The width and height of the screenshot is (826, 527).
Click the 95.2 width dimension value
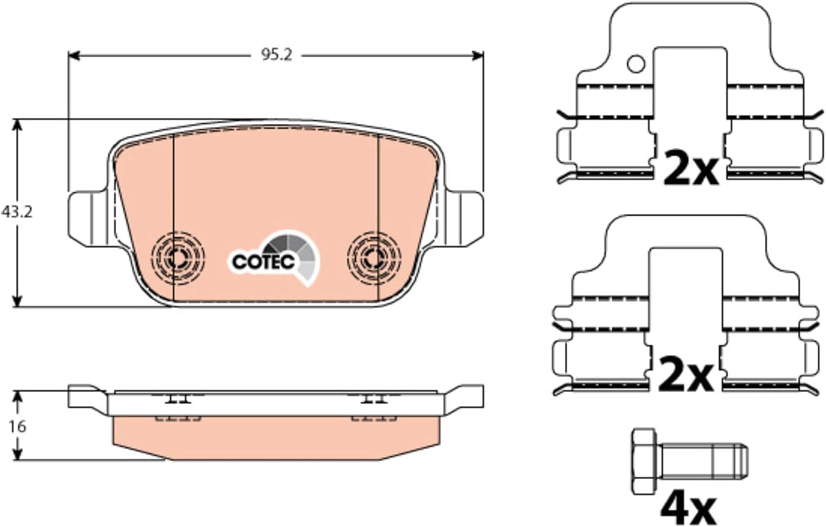coord(276,56)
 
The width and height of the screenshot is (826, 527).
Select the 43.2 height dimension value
coord(17,212)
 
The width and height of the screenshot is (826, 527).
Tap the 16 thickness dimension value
coord(17,426)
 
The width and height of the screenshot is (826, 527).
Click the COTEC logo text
coord(263,262)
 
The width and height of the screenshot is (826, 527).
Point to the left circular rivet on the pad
coord(178,258)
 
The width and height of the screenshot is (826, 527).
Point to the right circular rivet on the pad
coord(374,258)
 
